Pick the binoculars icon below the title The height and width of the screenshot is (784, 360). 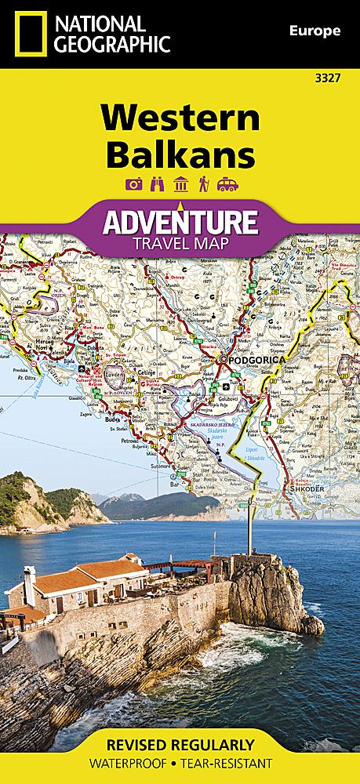click(x=157, y=184)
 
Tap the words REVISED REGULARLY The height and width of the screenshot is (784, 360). click(x=180, y=744)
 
